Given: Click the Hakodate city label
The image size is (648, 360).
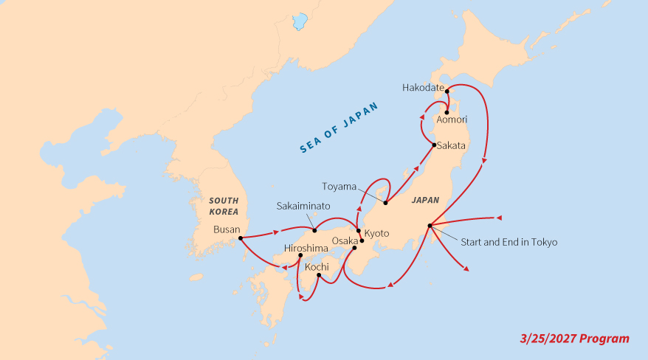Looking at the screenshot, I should point(422,88).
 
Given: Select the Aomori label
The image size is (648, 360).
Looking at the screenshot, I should point(452,119).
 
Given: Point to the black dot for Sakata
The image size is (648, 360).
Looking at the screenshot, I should point(433,145).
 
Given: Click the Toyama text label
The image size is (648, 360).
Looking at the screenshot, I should point(339,186).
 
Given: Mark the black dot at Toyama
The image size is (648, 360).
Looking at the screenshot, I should point(385,202).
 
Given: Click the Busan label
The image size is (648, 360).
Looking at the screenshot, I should point(226,229).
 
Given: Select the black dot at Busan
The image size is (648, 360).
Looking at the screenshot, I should point(241,238).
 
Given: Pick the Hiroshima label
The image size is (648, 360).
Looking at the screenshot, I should point(307,249).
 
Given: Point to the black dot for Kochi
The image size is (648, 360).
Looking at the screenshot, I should point(318,276).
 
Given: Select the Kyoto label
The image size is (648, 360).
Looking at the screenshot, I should point(376,233).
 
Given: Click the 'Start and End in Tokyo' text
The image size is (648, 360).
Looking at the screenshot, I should point(509,242).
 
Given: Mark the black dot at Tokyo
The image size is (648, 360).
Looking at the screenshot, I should point(429,225).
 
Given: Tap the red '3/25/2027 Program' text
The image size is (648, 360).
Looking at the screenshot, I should point(574,339).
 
